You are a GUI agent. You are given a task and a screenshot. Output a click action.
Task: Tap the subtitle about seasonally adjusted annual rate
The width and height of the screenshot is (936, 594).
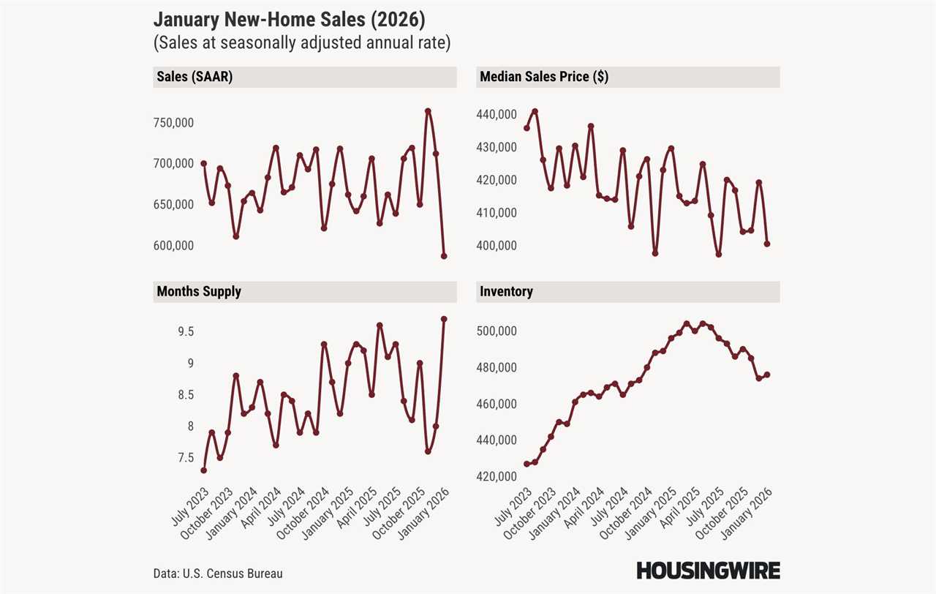point(302,43)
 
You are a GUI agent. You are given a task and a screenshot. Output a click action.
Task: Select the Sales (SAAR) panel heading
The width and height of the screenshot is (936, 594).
point(195,77)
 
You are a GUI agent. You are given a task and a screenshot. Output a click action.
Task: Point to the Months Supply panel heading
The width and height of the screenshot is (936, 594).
point(199,291)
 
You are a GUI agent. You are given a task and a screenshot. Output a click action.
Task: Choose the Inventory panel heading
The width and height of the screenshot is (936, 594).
point(506,291)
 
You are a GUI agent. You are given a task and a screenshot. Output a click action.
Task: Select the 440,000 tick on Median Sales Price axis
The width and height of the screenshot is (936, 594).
point(497,115)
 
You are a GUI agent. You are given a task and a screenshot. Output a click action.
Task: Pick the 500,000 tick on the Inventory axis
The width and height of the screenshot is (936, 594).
point(497,331)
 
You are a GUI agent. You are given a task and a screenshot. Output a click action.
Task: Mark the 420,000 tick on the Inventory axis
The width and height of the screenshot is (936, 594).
point(497,476)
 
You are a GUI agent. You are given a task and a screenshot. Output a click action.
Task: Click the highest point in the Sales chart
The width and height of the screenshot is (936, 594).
point(428,111)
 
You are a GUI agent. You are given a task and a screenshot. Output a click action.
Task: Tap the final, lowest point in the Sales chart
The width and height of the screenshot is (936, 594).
point(444,256)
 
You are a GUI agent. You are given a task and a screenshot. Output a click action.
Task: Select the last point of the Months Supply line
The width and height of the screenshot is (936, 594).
point(444,319)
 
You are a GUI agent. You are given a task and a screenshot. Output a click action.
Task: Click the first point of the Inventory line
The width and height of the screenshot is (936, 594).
point(526,464)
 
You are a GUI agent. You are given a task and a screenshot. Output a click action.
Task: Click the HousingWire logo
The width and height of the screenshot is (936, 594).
point(708,571)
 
